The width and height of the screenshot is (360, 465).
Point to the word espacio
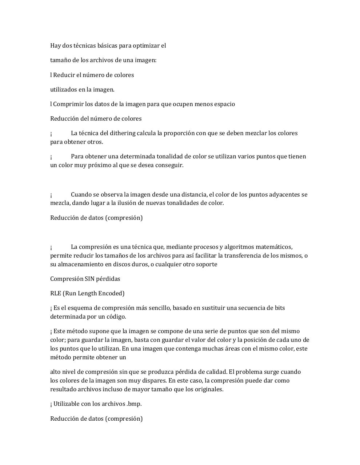point(223,104)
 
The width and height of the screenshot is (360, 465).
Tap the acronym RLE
point(56,294)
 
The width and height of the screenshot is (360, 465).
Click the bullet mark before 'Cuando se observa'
point(51,195)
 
